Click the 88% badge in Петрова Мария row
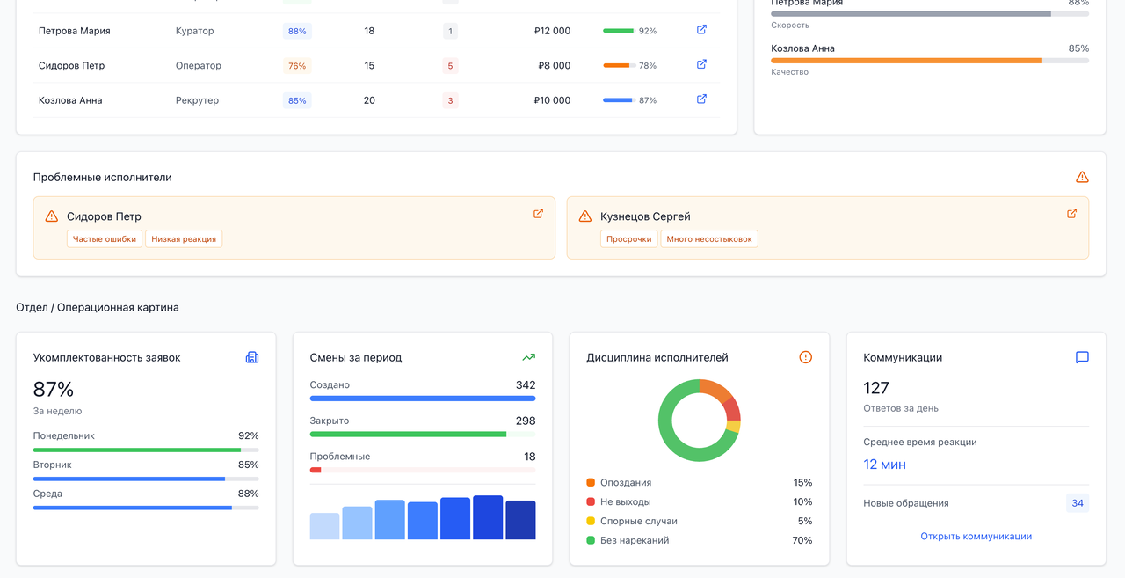(297, 31)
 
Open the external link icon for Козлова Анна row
(701, 99)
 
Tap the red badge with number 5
(450, 66)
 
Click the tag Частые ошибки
(105, 239)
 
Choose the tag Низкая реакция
(184, 239)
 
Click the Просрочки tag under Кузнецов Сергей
(629, 239)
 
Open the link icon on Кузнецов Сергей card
(1071, 214)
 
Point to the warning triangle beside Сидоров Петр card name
(52, 216)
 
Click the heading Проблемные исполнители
(103, 178)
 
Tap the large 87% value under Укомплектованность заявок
(54, 390)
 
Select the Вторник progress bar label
(53, 465)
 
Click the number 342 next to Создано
(526, 385)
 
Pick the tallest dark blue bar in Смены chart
(488, 517)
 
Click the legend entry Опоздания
(626, 483)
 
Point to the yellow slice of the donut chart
(734, 427)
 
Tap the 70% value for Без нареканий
(802, 540)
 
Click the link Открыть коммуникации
(976, 536)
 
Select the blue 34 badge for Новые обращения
(1077, 503)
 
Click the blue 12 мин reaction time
(884, 465)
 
